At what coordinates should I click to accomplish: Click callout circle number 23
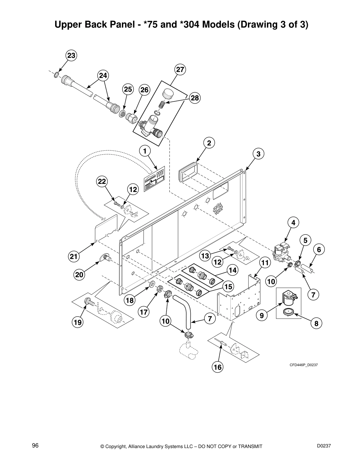pyautogui.click(x=71, y=55)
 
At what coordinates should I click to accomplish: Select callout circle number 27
pyautogui.click(x=180, y=70)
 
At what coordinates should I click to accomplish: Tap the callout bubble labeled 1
pyautogui.click(x=145, y=151)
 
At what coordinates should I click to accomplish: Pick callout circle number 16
pyautogui.click(x=217, y=367)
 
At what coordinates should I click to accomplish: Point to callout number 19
pyautogui.click(x=78, y=323)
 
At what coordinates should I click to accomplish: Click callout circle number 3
pyautogui.click(x=258, y=154)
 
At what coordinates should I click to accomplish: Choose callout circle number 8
pyautogui.click(x=316, y=323)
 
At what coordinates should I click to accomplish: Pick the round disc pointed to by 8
pyautogui.click(x=287, y=312)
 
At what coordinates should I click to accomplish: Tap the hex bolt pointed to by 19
pyautogui.click(x=88, y=302)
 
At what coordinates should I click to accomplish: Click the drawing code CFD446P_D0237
pyautogui.click(x=303, y=365)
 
